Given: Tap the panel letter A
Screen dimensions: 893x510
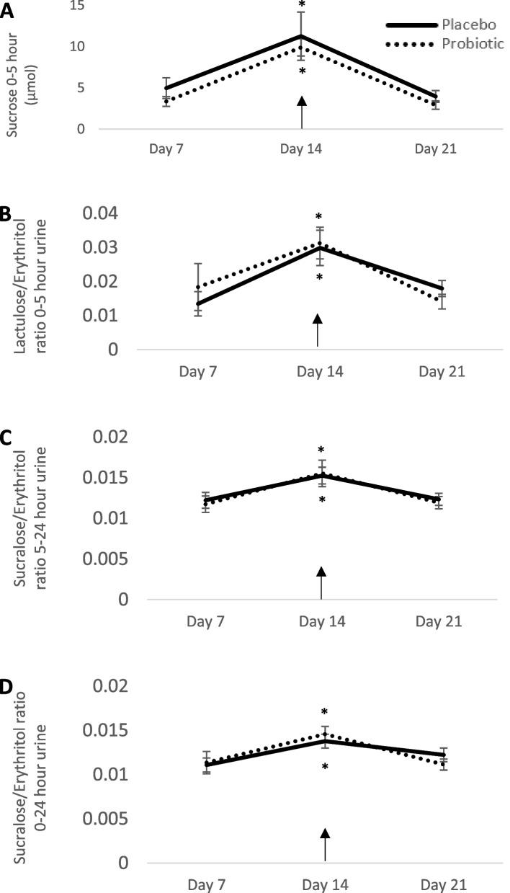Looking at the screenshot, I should tap(6, 10).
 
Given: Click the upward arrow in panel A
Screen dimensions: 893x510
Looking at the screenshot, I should tap(302, 112).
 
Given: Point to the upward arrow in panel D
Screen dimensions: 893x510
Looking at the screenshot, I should tap(325, 845).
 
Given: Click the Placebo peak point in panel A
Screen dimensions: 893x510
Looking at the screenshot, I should tap(302, 36).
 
